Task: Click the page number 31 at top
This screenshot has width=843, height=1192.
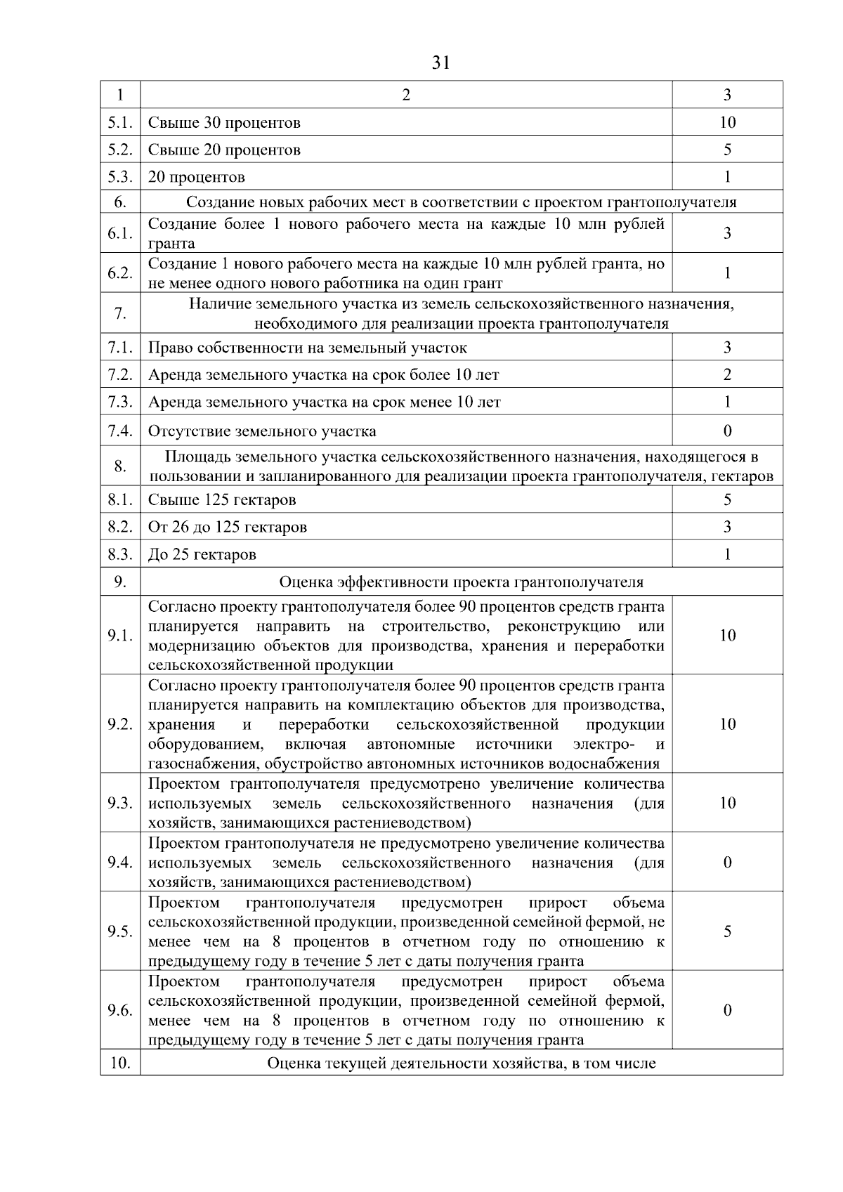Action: (x=440, y=63)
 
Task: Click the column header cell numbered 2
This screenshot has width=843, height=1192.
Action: (x=406, y=95)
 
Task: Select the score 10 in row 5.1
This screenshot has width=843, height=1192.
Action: (x=727, y=122)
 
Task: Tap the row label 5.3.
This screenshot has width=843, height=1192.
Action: (x=120, y=177)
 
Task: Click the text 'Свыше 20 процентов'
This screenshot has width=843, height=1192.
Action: (x=224, y=150)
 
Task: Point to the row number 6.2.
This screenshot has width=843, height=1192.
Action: (x=120, y=273)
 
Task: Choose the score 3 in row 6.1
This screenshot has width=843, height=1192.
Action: (x=727, y=233)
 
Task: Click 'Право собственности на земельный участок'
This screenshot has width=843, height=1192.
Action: (x=307, y=348)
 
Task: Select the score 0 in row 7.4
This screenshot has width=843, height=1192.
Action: (x=727, y=431)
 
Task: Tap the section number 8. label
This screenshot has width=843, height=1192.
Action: (x=120, y=466)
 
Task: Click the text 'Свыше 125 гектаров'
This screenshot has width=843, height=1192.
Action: (x=222, y=500)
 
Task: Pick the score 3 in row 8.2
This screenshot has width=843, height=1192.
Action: (x=727, y=527)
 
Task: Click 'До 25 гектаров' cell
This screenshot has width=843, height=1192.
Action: (x=202, y=555)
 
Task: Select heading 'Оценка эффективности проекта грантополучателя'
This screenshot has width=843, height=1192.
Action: (x=461, y=582)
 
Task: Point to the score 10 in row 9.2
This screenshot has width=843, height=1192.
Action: (x=727, y=724)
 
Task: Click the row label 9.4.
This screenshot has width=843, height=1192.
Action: (x=120, y=863)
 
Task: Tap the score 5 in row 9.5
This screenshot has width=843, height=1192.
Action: (x=727, y=931)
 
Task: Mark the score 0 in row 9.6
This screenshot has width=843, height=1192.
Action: (x=727, y=1010)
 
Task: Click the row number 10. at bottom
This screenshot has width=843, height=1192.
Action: (x=120, y=1063)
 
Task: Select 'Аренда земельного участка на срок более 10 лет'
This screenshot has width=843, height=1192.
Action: (x=323, y=375)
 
